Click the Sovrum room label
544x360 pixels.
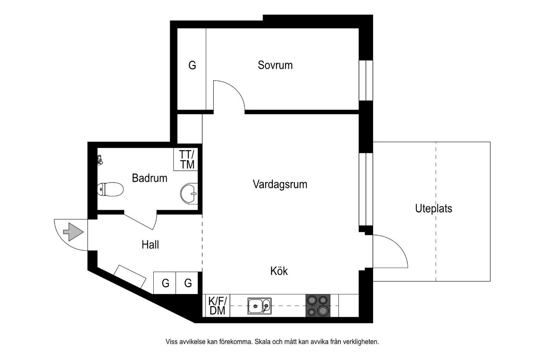(275, 65)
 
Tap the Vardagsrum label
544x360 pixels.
(280, 184)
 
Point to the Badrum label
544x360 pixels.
(149, 178)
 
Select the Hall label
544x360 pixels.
(150, 245)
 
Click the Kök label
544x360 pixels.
(279, 271)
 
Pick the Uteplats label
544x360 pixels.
(434, 209)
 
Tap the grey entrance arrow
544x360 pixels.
(73, 232)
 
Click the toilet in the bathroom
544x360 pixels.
(110, 189)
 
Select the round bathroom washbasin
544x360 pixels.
(189, 193)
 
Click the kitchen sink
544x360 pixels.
(259, 306)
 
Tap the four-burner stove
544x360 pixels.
(318, 306)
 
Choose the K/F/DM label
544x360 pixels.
(217, 306)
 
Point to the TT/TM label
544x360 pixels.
(187, 159)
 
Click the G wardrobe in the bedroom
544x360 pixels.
(192, 65)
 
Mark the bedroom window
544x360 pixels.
(366, 80)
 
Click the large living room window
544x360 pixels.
(366, 189)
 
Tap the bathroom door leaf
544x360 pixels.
(139, 221)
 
